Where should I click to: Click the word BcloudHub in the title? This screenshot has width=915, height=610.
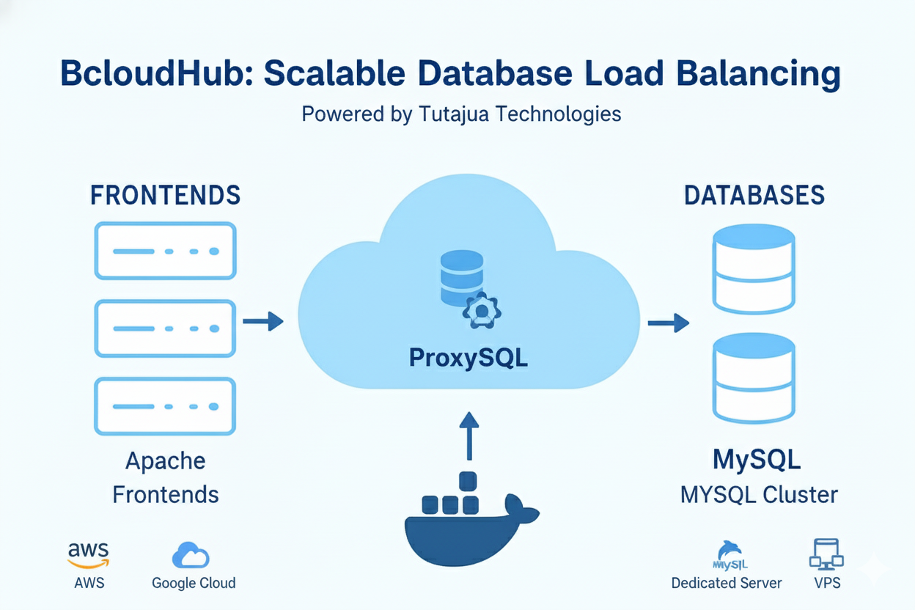click(153, 75)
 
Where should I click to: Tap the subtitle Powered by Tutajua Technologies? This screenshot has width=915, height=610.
click(461, 114)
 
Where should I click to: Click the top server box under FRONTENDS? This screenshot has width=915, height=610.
click(165, 251)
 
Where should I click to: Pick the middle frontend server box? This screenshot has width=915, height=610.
click(165, 328)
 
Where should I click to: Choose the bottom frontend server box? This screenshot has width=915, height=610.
click(165, 405)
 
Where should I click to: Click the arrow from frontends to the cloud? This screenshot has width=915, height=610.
click(263, 321)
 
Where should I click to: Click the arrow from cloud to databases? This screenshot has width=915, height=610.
click(668, 322)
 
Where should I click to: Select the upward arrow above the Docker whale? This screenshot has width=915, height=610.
click(468, 436)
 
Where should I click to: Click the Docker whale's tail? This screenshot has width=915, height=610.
click(522, 507)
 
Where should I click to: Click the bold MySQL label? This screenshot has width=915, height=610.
click(757, 460)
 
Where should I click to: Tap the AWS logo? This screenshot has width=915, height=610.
click(88, 554)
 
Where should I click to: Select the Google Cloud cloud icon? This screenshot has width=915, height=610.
click(191, 555)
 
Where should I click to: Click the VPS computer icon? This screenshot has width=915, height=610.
click(827, 554)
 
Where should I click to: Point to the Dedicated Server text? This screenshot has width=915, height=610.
click(727, 584)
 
